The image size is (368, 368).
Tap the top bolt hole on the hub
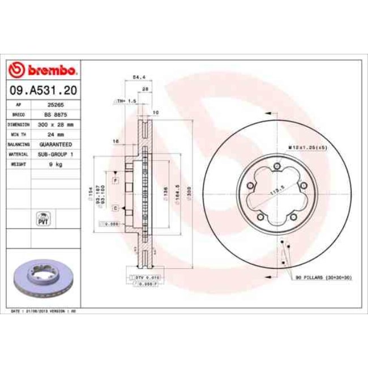click(276, 165)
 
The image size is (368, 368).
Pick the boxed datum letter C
click(115, 208)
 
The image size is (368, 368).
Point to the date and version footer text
click(44, 311)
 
